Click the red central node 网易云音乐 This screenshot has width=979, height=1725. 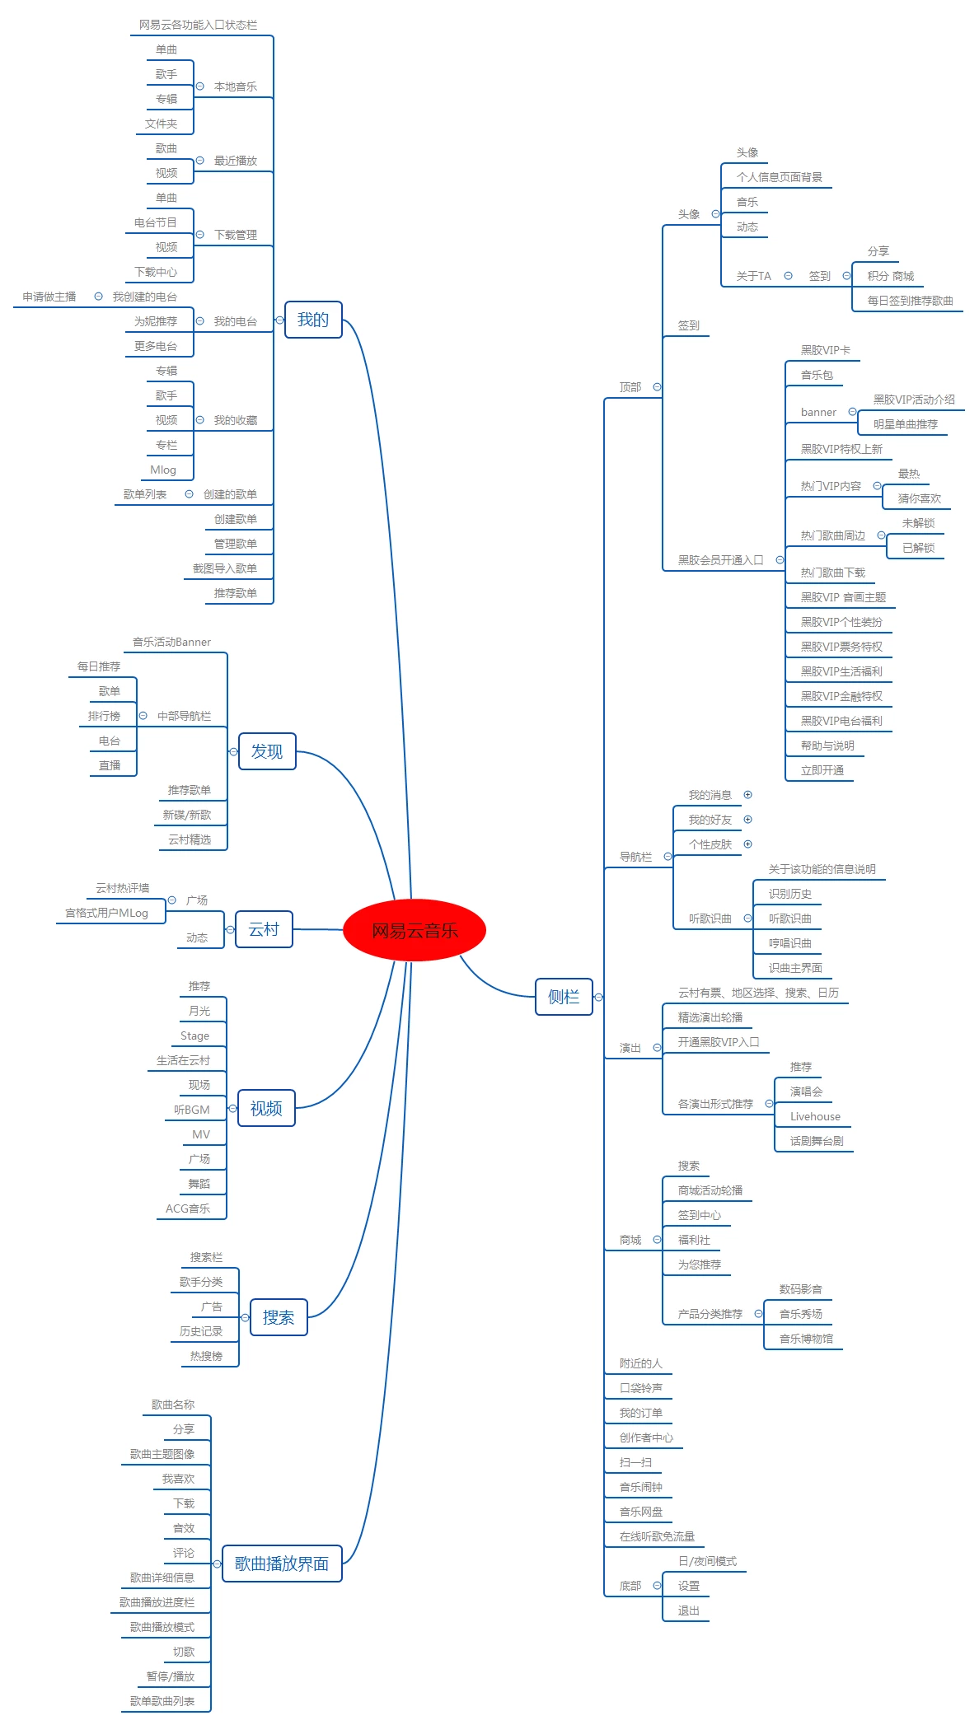[x=415, y=930]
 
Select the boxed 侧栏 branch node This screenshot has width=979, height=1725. [x=564, y=997]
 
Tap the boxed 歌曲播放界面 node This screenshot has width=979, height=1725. [x=282, y=1564]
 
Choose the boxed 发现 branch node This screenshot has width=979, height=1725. [x=267, y=751]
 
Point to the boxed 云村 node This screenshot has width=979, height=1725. [x=264, y=929]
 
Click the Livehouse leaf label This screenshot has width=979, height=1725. [x=815, y=1117]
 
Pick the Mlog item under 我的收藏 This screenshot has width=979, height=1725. [x=163, y=470]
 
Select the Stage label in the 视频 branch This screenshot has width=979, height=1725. [x=194, y=1036]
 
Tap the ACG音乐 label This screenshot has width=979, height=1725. [x=188, y=1209]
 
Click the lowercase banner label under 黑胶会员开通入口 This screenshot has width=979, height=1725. [x=818, y=413]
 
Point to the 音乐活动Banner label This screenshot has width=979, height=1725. [x=171, y=643]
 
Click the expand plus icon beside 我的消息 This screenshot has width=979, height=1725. [x=748, y=795]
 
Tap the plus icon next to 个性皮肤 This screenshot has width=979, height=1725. [x=748, y=844]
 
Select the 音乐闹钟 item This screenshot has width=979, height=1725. [x=641, y=1488]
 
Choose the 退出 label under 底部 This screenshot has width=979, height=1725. [x=689, y=1611]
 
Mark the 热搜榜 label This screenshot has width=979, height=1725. [x=206, y=1357]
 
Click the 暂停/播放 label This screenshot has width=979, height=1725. [x=171, y=1677]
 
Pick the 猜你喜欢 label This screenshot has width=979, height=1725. [x=920, y=499]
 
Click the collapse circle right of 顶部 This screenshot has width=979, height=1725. [x=657, y=387]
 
